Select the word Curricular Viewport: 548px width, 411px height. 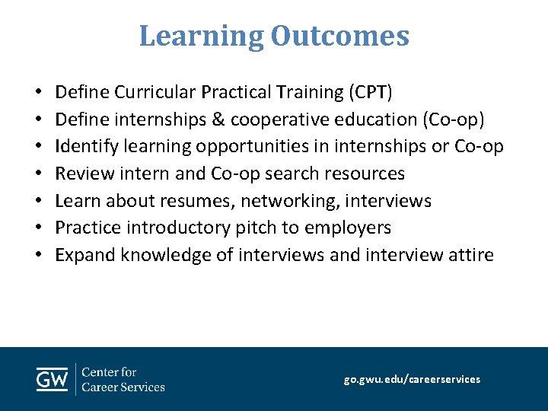click(155, 93)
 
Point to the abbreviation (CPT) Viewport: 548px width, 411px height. click(371, 93)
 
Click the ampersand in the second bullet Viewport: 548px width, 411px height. click(218, 120)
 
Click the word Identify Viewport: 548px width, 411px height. click(84, 147)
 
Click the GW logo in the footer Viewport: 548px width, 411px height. click(53, 379)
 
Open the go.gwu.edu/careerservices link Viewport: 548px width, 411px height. click(412, 379)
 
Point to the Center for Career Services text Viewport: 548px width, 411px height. click(123, 379)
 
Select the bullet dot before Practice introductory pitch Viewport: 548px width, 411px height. click(38, 228)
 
